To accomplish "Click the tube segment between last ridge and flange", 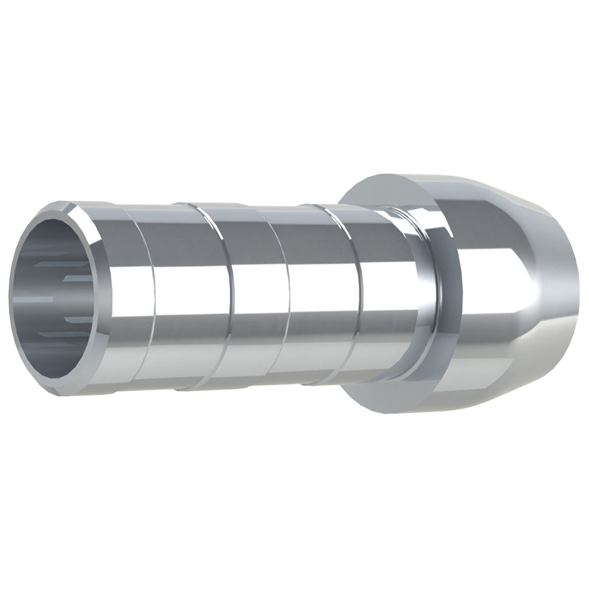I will [x=397, y=299].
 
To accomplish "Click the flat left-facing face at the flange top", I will [x=380, y=190].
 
